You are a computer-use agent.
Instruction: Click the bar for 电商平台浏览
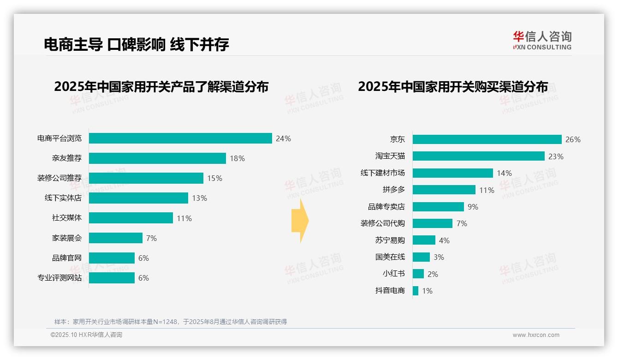pos(180,138)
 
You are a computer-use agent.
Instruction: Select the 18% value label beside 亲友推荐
pos(237,158)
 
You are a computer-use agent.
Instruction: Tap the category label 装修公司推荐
pos(59,178)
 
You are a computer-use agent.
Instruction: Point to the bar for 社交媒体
pos(131,218)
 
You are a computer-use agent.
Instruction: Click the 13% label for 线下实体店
pos(199,198)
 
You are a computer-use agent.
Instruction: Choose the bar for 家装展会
pos(116,238)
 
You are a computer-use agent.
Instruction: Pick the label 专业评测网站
pos(59,278)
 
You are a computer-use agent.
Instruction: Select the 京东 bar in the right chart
pos(487,139)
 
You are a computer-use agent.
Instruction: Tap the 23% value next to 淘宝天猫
pos(556,156)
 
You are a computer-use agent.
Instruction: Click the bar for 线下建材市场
pos(452,173)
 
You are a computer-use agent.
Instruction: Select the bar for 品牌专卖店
pos(438,207)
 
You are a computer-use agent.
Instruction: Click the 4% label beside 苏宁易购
pos(444,240)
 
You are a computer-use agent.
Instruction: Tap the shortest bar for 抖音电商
pos(416,291)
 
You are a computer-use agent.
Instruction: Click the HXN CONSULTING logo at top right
pos(542,40)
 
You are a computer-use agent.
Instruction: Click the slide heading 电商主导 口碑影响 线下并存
pos(137,44)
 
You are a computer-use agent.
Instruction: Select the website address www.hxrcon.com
pos(536,335)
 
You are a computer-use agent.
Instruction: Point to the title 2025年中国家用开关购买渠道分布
pos(452,87)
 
